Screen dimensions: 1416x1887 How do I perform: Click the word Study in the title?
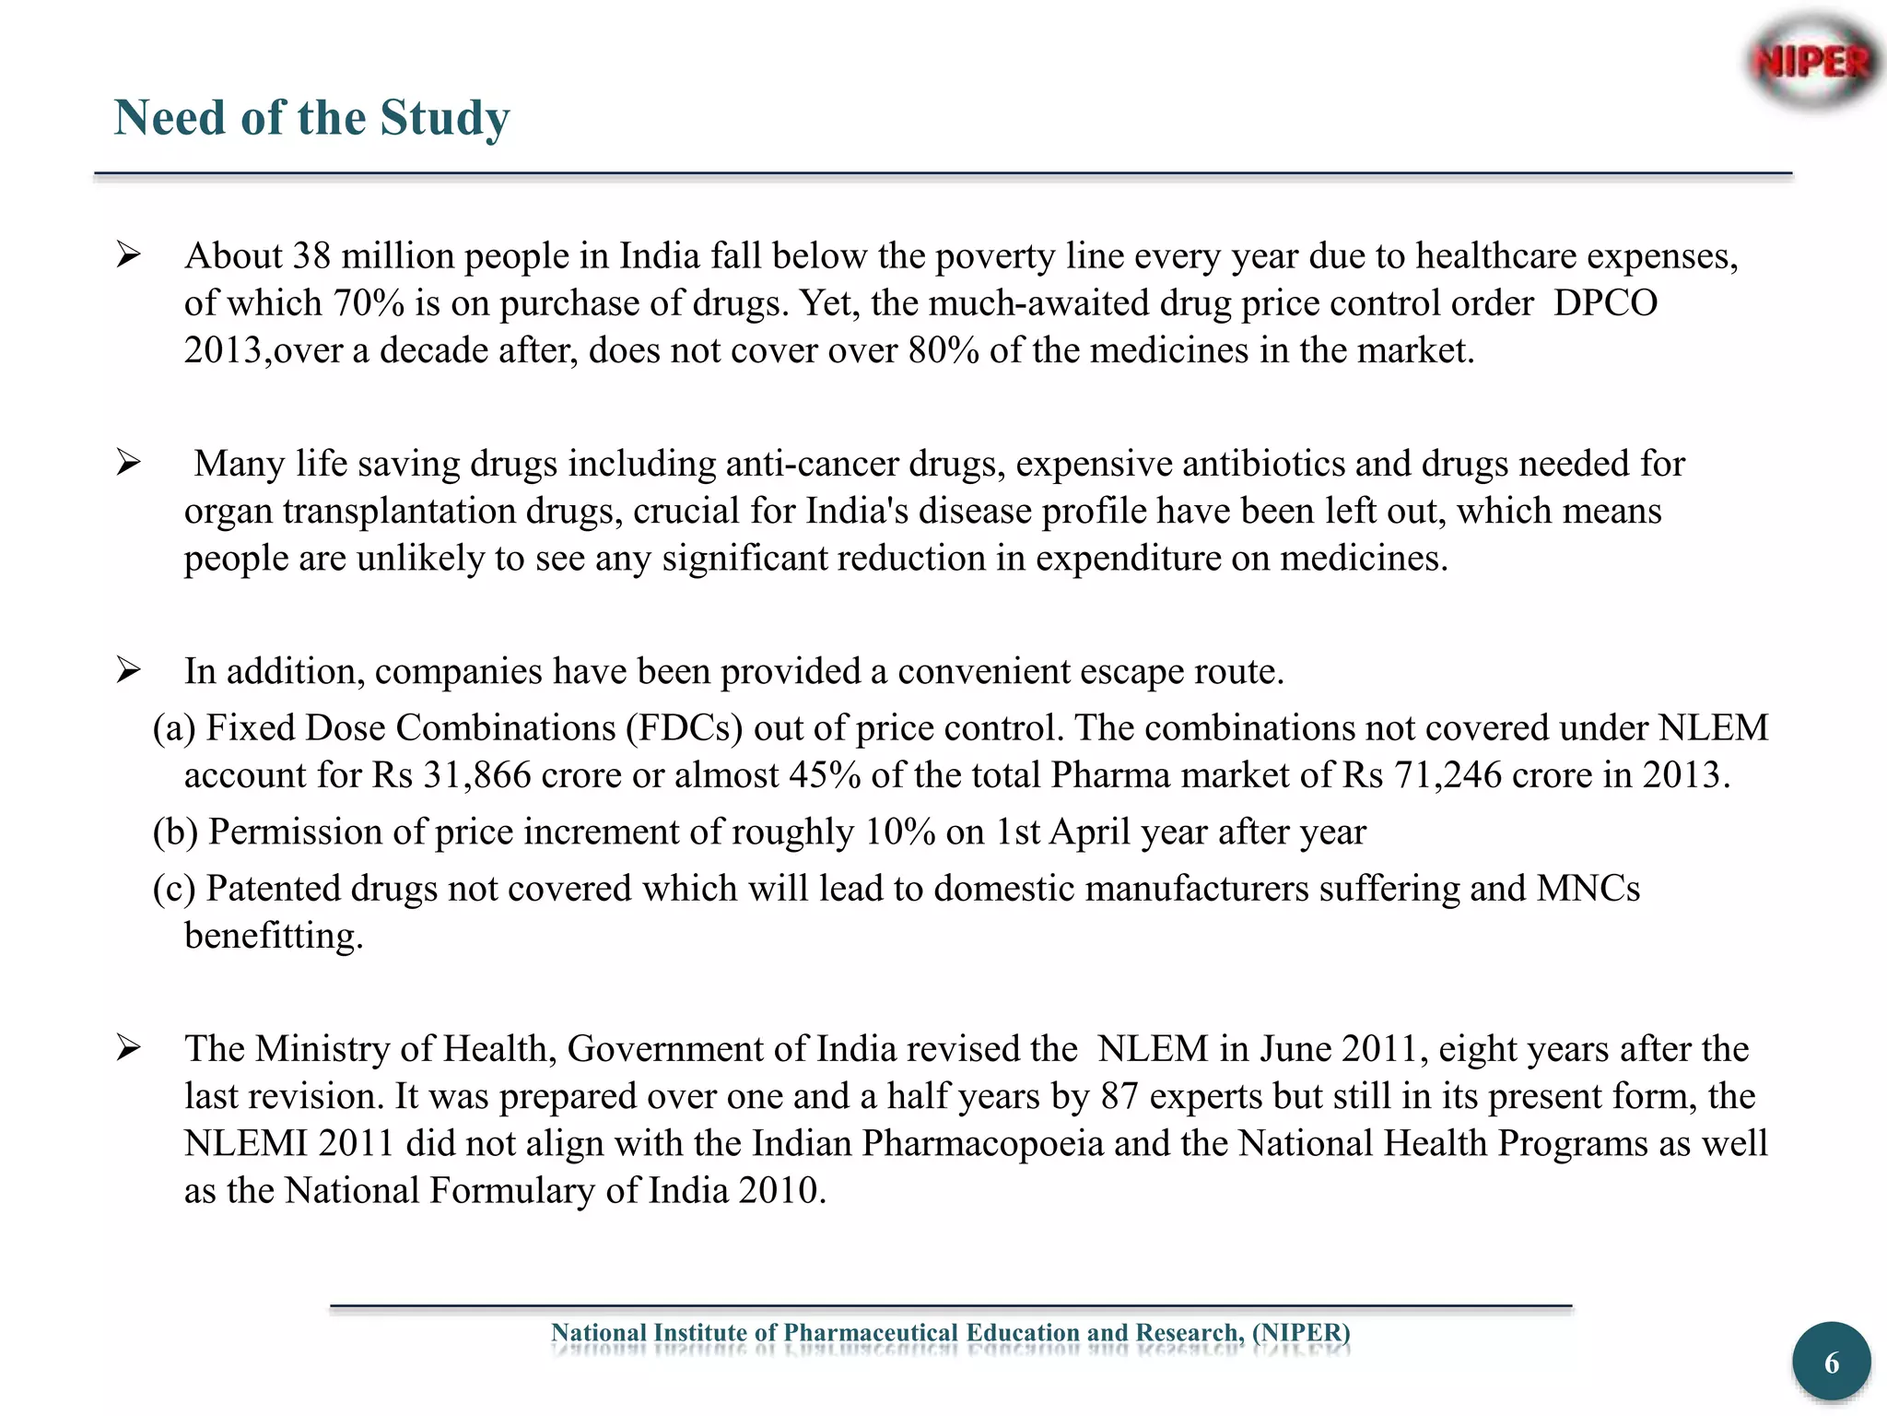point(445,118)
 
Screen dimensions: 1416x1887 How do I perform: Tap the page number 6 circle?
point(1831,1363)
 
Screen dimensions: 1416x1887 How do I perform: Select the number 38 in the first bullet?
point(311,255)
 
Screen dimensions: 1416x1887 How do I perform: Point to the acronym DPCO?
point(1606,303)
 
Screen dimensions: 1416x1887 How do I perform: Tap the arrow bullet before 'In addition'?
point(128,670)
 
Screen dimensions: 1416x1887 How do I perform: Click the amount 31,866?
point(477,775)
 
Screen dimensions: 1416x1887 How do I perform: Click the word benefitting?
point(274,936)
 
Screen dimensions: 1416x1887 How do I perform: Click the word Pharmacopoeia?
point(982,1143)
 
